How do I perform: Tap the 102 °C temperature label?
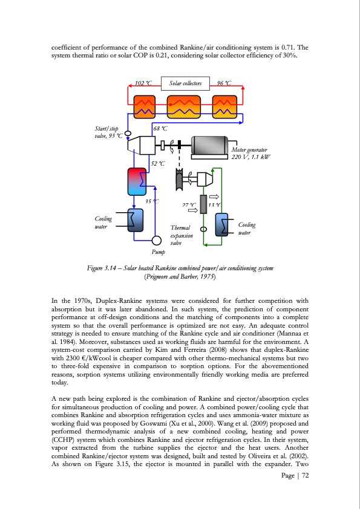pos(143,83)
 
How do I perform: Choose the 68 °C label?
pos(160,128)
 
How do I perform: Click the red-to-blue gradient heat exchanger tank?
pos(135,180)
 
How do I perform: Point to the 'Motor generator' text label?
pos(249,149)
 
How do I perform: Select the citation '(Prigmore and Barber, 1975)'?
pos(180,277)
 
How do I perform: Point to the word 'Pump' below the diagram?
pos(158,251)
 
